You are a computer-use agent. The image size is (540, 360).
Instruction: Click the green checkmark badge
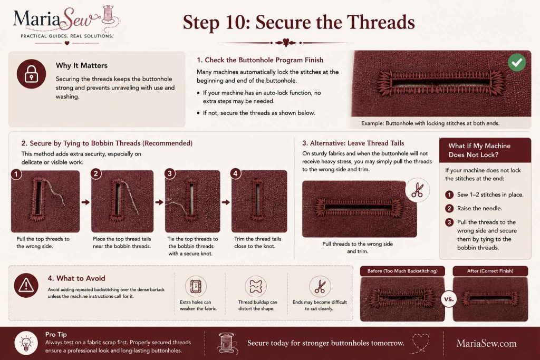[517, 62]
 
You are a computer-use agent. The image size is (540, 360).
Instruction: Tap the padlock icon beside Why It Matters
[31, 74]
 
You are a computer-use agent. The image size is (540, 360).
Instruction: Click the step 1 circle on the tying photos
[16, 174]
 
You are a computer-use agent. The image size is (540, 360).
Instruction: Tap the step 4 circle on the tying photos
[236, 173]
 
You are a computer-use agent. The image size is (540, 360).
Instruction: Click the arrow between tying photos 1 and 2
[85, 202]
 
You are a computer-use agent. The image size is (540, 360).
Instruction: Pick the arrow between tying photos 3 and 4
[226, 202]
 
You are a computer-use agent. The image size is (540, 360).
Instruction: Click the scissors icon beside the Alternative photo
[418, 190]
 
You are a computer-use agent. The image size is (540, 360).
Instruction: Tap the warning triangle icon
[26, 285]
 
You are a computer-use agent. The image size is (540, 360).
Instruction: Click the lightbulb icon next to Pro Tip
[26, 343]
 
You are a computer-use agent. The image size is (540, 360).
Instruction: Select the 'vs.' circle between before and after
[449, 299]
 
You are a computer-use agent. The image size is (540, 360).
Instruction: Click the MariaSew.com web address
[487, 344]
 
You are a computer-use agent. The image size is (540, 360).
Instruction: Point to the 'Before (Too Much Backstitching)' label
[402, 271]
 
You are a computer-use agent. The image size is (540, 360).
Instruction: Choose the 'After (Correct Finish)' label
[490, 271]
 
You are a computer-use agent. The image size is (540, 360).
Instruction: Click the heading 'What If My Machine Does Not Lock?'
[479, 150]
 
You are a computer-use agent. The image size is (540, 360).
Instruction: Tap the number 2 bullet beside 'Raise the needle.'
[449, 208]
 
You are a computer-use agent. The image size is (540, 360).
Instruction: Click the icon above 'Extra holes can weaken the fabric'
[196, 286]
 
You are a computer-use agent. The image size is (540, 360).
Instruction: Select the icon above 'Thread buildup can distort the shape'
[256, 286]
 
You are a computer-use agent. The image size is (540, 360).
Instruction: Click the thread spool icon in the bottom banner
[227, 343]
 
